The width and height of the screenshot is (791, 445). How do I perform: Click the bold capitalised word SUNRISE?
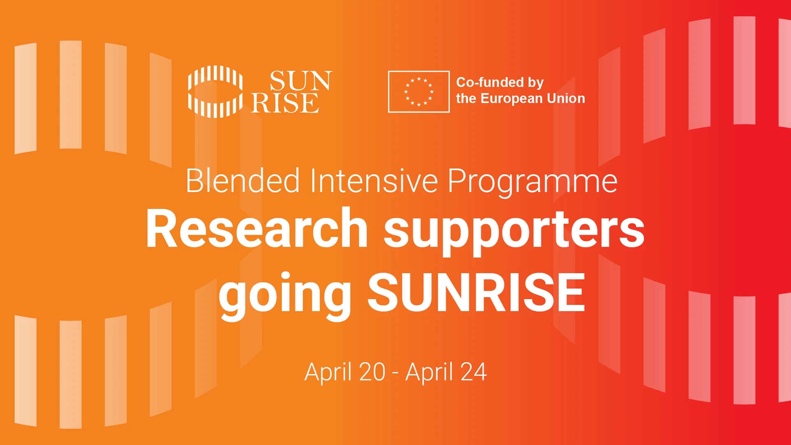click(476, 293)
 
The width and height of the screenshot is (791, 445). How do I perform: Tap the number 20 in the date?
click(372, 372)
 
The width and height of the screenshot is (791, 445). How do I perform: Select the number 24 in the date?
click(473, 372)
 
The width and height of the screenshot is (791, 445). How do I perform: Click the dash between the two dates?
click(395, 373)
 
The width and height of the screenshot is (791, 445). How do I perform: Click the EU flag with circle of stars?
click(419, 91)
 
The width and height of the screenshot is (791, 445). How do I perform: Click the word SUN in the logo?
click(300, 81)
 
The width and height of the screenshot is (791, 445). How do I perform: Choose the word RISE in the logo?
click(285, 103)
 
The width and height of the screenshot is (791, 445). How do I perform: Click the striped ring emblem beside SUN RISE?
click(215, 91)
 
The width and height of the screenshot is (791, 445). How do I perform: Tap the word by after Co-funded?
click(536, 83)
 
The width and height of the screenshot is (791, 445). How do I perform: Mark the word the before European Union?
click(466, 98)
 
